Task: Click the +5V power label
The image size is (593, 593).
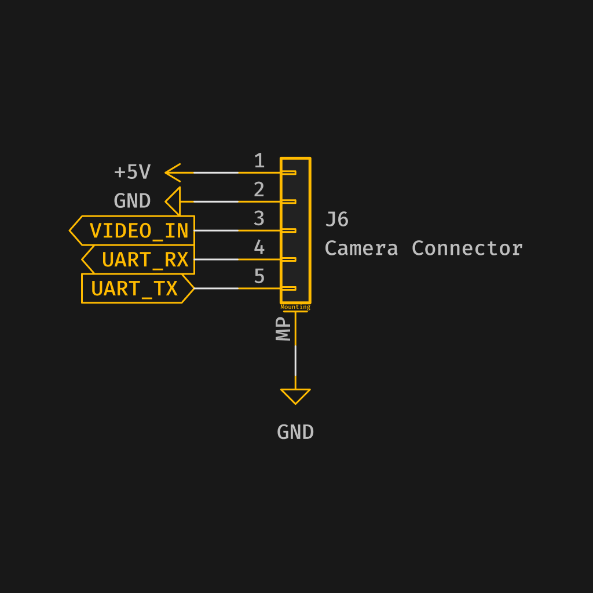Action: point(133,173)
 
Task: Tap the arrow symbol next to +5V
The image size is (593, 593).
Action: point(173,173)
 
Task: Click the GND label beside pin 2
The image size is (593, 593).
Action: point(132,202)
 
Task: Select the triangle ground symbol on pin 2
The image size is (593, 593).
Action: point(174,202)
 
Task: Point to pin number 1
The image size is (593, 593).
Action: point(259,161)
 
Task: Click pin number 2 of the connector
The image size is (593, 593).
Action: point(259,190)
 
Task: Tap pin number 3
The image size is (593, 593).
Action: point(259,219)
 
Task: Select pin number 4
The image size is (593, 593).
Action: point(259,248)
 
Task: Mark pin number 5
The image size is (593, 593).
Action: point(259,277)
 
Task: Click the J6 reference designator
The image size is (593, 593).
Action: point(337,219)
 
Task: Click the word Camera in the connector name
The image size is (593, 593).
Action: point(361,248)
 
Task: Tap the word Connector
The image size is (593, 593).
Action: point(467,248)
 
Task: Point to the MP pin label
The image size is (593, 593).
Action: point(284,328)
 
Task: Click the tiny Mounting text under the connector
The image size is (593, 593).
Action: point(295,307)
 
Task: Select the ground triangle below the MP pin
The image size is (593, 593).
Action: point(295,396)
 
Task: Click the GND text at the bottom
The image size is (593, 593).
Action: point(295,433)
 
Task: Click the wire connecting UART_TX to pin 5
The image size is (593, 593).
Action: point(217,288)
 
